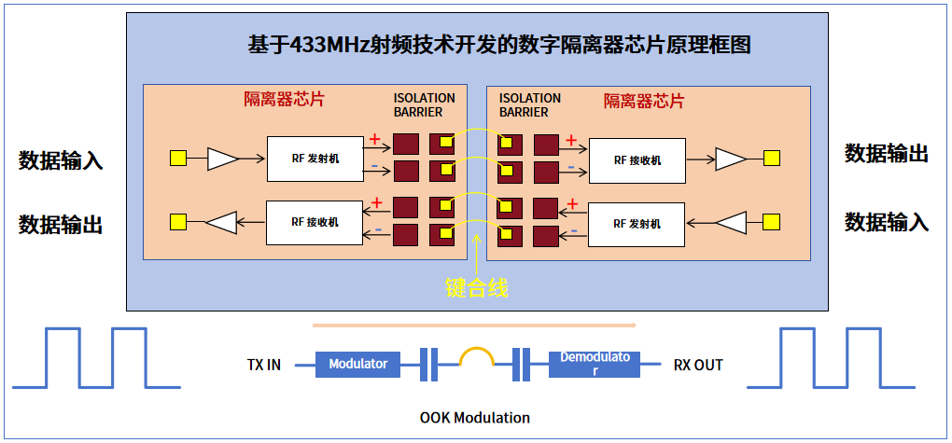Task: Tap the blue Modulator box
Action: [358, 364]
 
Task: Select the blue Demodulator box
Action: [595, 364]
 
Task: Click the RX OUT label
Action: [698, 365]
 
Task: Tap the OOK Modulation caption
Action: [475, 417]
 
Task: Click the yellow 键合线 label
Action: [476, 287]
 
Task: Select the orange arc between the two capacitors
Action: [476, 357]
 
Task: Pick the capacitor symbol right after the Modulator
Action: [428, 364]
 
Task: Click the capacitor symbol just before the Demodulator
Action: [522, 364]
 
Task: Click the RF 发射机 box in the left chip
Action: [314, 159]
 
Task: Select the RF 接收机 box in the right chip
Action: [637, 160]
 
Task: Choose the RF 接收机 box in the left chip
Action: [314, 222]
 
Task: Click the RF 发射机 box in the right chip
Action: [637, 224]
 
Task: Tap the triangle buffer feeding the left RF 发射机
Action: [222, 159]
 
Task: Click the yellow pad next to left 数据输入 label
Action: [177, 159]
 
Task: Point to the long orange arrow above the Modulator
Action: [474, 326]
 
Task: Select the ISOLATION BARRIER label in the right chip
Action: [529, 104]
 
